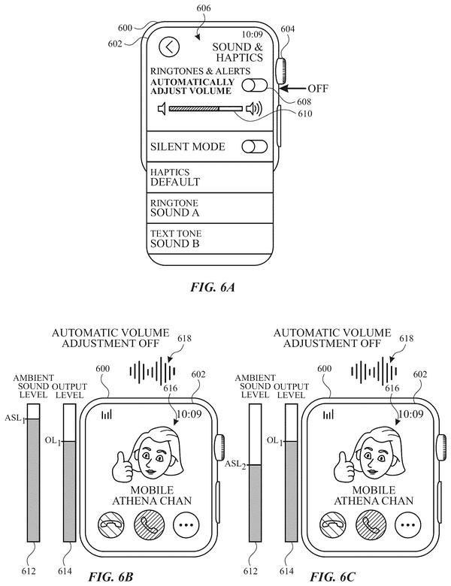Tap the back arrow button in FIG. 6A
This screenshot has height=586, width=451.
coord(169,47)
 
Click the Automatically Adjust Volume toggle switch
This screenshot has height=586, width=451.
coord(255,86)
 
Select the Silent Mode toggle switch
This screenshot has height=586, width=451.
coord(255,146)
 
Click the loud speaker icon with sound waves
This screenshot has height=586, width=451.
coord(254,109)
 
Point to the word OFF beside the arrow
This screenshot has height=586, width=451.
coord(318,89)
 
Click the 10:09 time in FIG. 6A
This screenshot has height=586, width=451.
coord(252,35)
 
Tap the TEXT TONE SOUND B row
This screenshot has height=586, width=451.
coord(210,239)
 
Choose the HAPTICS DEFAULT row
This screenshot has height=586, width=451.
coord(210,177)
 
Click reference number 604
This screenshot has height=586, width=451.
coord(287,29)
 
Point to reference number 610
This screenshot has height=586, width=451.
coord(304,113)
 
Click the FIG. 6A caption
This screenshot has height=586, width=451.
coord(213,287)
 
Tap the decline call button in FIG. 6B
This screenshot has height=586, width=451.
coord(111,524)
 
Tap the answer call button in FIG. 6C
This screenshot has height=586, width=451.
coord(371,524)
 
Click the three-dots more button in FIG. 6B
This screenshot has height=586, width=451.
coord(186,524)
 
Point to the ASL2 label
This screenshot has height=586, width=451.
coord(235,464)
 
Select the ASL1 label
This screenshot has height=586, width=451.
coord(14,418)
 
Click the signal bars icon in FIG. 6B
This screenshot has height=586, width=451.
coord(107,414)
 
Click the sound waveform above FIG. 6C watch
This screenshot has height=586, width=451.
coord(374,371)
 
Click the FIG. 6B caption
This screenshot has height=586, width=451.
coord(110,577)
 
